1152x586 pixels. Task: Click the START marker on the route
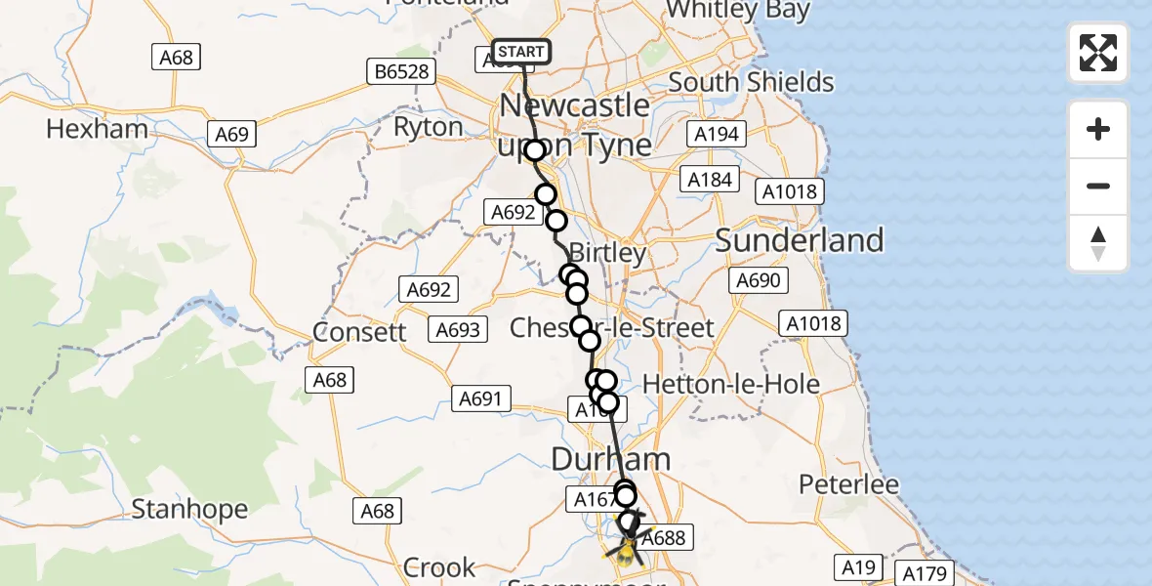tap(521, 52)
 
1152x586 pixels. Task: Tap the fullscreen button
tap(1098, 53)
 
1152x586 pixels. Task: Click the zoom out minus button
tap(1098, 186)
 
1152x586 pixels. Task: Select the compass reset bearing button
tap(1098, 243)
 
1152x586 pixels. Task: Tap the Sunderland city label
tap(800, 240)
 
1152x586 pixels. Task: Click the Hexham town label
tap(97, 129)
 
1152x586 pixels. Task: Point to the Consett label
tap(359, 332)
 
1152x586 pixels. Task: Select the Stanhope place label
tap(189, 509)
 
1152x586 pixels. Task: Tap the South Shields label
tap(752, 82)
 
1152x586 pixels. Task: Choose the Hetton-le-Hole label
tap(745, 385)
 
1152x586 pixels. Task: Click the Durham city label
tap(611, 459)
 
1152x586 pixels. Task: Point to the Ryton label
tap(428, 128)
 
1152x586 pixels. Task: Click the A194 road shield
tap(717, 134)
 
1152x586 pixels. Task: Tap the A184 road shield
tap(710, 180)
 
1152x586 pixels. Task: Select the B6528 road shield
tap(402, 71)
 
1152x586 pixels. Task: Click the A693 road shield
tap(458, 330)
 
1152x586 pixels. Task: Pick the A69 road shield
tap(231, 135)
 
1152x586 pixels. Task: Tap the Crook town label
tap(439, 567)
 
